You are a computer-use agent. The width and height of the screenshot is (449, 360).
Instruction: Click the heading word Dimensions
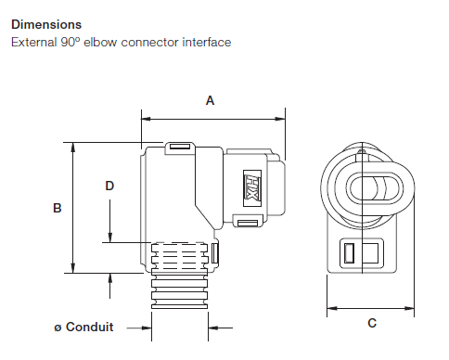[x=45, y=25]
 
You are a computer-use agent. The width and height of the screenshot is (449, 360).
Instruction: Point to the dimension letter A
[x=210, y=102]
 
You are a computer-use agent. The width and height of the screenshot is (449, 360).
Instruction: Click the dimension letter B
[x=58, y=209]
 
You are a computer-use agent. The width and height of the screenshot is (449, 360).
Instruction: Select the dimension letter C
[x=372, y=323]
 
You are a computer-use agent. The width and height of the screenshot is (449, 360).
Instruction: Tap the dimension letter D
[x=109, y=186]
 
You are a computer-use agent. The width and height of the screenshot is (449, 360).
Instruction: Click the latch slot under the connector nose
[x=246, y=223]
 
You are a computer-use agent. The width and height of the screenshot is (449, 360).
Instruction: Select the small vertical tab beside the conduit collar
[x=215, y=252]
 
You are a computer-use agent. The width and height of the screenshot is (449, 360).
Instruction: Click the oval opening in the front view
[x=371, y=188]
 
